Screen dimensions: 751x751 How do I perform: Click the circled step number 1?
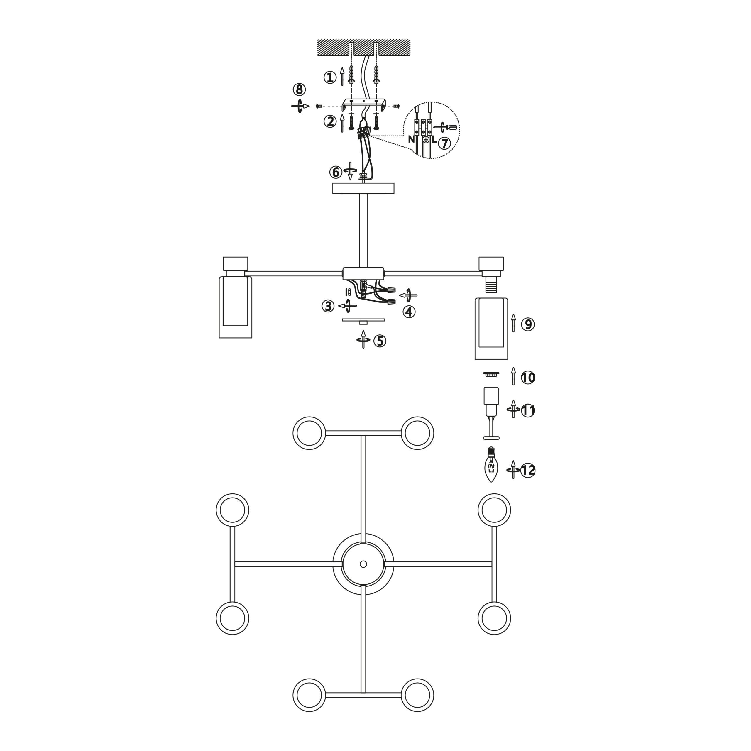click(330, 78)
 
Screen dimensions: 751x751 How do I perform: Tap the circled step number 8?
click(299, 90)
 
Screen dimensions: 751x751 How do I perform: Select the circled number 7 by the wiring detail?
click(444, 143)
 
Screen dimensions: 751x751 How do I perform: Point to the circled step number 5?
click(380, 341)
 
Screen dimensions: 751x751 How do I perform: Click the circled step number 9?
click(528, 324)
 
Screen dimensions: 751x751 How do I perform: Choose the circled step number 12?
click(528, 470)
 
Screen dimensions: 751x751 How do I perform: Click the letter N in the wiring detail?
click(411, 139)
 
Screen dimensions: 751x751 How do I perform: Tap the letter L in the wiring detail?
click(434, 139)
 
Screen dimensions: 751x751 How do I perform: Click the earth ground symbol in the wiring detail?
click(426, 140)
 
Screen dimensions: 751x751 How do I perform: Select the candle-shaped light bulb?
click(492, 464)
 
